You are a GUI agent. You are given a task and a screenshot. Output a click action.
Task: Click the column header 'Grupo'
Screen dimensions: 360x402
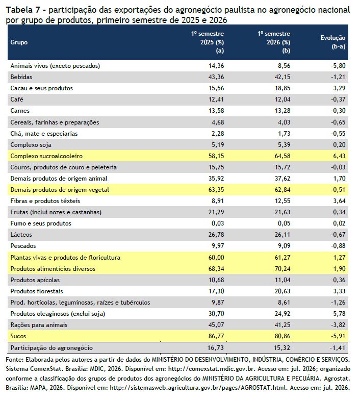coord(19,42)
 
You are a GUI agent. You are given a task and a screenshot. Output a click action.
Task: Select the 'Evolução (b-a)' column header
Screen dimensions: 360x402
coord(333,42)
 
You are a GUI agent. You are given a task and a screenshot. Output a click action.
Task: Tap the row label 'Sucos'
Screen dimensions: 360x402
coord(18,336)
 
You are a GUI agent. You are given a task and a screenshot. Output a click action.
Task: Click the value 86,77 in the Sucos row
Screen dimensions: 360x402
coord(216,336)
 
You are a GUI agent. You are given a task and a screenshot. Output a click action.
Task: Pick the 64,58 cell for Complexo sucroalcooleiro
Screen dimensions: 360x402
coord(282,156)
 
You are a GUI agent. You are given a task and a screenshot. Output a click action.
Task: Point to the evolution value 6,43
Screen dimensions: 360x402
coord(339,156)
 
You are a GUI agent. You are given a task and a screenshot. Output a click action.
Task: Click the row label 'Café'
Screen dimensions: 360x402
coord(17,99)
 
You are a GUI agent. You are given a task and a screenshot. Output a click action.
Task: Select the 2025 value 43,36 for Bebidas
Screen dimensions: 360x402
coord(216,77)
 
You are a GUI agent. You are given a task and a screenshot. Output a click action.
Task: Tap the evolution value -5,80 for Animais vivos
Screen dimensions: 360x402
coord(338,66)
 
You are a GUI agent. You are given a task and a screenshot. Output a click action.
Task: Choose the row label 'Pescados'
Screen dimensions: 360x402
coord(23,246)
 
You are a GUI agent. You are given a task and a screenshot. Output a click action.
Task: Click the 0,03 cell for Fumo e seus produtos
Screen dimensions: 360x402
coord(218,223)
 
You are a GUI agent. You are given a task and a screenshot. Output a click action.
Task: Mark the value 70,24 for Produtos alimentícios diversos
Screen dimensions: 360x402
coord(282,269)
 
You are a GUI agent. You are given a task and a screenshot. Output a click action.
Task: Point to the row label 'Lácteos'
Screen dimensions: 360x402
coord(21,235)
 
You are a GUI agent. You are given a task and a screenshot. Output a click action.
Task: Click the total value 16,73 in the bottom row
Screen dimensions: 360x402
coord(216,347)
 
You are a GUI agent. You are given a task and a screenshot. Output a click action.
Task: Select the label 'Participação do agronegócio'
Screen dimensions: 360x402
coord(52,348)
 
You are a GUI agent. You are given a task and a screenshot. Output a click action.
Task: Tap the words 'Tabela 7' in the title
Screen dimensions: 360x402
coord(23,10)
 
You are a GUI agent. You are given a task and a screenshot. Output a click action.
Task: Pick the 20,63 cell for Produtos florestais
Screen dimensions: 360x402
coord(282,291)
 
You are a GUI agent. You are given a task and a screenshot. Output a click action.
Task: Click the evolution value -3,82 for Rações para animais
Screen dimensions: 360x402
coord(338,325)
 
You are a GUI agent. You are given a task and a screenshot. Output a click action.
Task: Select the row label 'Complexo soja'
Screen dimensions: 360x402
coord(31,145)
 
